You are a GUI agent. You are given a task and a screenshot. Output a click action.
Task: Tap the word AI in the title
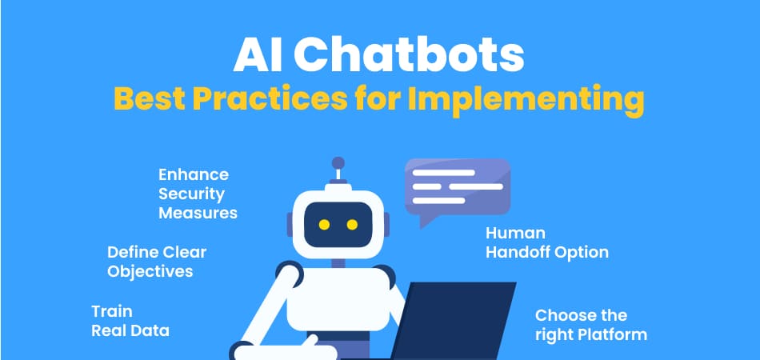pos(258,57)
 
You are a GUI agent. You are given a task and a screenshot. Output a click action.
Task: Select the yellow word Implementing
pos(526,101)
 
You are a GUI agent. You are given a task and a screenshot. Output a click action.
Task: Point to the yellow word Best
pos(150,99)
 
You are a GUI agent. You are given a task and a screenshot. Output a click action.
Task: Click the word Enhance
pos(194,174)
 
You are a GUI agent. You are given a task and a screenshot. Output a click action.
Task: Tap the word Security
pos(192,194)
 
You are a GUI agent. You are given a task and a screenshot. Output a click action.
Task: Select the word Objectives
pos(150,271)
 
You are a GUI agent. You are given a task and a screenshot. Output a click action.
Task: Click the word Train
pos(112,311)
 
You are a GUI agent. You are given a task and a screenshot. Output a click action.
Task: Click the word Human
pos(515,233)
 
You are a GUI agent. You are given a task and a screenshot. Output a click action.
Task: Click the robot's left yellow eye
pos(324,224)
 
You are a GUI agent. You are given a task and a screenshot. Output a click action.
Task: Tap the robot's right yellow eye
pos(352,224)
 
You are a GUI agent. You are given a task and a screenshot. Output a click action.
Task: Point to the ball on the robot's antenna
pos(338,162)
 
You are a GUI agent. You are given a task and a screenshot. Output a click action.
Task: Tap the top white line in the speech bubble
pos(443,173)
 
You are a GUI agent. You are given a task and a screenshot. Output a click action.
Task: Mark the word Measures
pos(198,213)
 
